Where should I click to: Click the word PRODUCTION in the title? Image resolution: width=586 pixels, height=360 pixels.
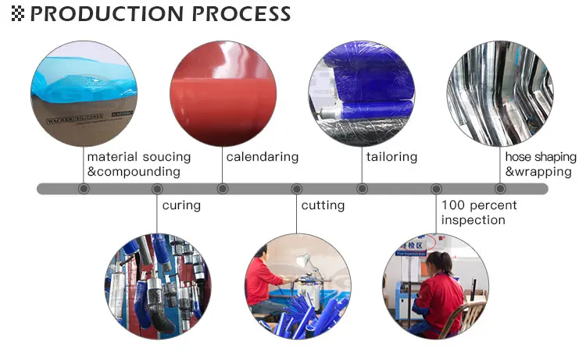pos(107,14)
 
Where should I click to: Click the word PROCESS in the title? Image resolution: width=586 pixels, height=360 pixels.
pos(241,14)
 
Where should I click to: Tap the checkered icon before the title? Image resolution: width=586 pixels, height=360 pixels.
pos(17,14)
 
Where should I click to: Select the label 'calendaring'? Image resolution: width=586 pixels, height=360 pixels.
pos(263,157)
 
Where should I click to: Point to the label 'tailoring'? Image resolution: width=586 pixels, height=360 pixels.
pos(391,157)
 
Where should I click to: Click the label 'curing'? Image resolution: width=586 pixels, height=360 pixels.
pos(181,205)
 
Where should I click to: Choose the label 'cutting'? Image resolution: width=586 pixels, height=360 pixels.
pos(323,205)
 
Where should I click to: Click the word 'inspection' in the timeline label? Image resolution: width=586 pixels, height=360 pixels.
pos(473,220)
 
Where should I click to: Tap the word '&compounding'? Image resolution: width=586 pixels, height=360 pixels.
pos(134,172)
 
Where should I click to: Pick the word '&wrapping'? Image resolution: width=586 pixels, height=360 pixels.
pos(538,172)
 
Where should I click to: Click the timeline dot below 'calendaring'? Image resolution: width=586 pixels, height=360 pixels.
pos(223,188)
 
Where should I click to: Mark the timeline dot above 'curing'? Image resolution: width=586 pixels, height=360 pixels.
pos(157,188)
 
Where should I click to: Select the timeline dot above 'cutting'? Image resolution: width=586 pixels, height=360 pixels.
pos(296,188)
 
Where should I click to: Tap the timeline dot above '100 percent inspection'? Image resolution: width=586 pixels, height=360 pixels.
pos(436,188)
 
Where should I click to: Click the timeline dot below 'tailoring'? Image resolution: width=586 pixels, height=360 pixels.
pos(362,188)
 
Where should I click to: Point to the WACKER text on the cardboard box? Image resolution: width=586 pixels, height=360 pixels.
pos(60,120)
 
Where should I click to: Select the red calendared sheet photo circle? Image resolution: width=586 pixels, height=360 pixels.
pos(223,94)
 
